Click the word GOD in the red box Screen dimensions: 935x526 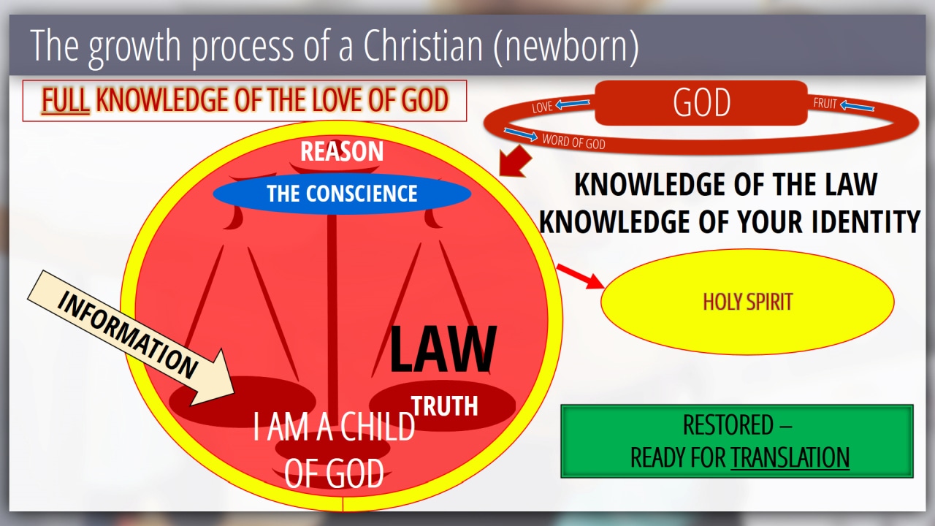tap(702, 102)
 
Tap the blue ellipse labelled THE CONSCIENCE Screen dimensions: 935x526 tap(342, 194)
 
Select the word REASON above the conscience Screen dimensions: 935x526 tap(342, 151)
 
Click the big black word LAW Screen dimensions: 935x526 tap(443, 349)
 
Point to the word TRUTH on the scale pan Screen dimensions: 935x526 tap(445, 405)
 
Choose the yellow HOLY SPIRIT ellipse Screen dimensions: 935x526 tap(747, 302)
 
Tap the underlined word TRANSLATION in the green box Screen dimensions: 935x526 tap(790, 457)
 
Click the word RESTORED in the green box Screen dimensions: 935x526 tap(728, 425)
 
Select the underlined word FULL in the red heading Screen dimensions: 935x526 tap(66, 100)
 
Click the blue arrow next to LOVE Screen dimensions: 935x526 tap(573, 104)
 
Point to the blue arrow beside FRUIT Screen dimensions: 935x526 tap(857, 106)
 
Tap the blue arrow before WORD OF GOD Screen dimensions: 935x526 tap(521, 134)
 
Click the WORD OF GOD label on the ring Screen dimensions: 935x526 tap(573, 142)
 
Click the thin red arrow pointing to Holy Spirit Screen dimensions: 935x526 tap(581, 276)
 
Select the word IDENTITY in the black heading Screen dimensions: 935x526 tap(866, 221)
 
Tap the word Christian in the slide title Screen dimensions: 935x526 tap(423, 45)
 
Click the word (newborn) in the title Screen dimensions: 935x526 tap(566, 46)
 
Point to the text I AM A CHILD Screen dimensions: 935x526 tap(334, 427)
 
